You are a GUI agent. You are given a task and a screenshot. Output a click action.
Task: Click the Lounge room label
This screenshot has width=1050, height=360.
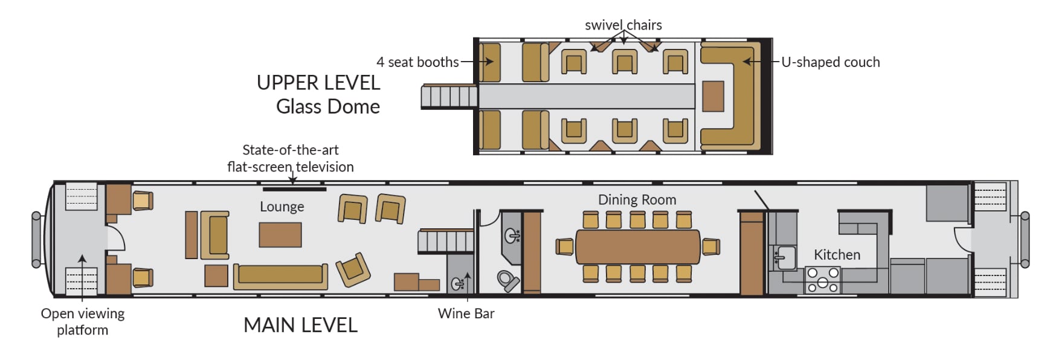click(x=282, y=207)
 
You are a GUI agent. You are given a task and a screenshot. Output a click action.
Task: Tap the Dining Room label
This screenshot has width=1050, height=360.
click(x=637, y=200)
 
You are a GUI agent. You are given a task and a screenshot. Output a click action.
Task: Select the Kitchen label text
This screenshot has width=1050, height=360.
click(x=837, y=255)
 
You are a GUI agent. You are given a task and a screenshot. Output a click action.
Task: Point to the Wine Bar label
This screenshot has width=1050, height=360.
click(x=466, y=313)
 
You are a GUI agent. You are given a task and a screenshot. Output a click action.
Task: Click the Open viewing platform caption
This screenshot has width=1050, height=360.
click(x=83, y=321)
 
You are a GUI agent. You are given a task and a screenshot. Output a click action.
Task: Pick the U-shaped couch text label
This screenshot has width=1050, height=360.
click(x=830, y=62)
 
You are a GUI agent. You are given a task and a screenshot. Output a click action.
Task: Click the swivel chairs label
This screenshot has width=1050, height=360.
click(x=623, y=25)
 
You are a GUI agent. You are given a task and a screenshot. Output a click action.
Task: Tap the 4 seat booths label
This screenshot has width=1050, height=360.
click(x=417, y=62)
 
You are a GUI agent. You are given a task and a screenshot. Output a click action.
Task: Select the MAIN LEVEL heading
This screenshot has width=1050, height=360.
click(x=300, y=325)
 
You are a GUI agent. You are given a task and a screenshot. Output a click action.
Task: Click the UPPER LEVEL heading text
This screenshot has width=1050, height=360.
click(x=318, y=83)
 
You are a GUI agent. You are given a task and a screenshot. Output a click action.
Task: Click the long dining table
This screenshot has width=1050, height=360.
click(x=637, y=246)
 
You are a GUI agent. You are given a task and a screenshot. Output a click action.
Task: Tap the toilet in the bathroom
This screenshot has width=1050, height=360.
click(x=507, y=280)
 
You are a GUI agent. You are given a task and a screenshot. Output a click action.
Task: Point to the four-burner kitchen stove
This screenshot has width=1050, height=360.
click(x=823, y=280)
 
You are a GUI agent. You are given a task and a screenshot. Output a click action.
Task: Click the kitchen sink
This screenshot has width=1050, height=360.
click(x=786, y=257)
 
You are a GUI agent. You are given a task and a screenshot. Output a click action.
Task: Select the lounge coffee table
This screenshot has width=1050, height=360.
click(x=280, y=235)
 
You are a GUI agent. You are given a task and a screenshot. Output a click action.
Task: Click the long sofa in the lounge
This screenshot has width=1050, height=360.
click(x=280, y=276)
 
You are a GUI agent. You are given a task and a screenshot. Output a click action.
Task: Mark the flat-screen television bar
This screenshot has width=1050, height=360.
click(x=295, y=189)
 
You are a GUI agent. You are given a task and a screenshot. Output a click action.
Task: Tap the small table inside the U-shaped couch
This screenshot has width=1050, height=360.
click(x=713, y=97)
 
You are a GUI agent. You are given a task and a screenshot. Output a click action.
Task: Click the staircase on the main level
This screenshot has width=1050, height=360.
click(x=445, y=242)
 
